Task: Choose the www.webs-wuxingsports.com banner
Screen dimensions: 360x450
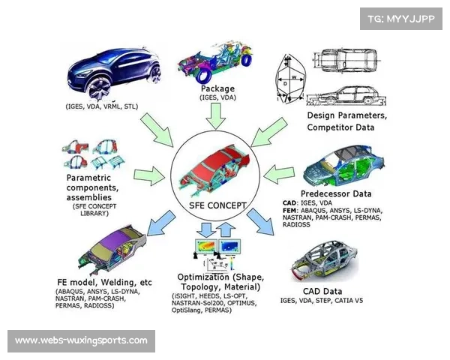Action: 81,341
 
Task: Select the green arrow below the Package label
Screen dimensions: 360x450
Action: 217,115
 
